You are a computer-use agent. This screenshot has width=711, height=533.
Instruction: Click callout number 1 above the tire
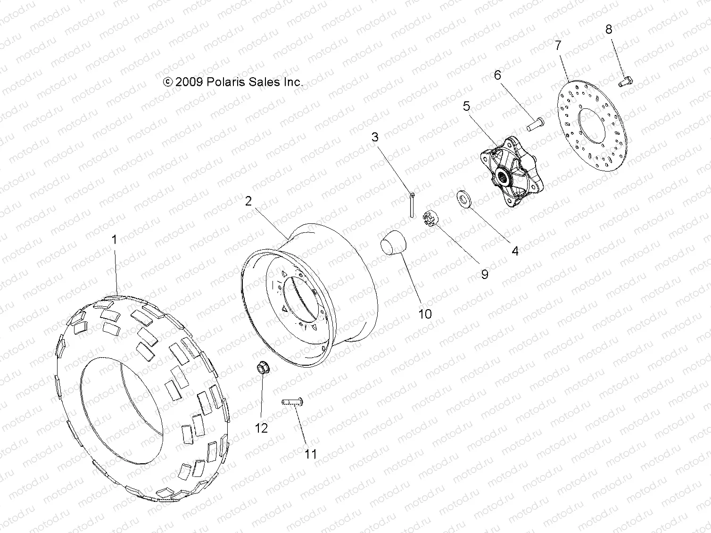[114, 240]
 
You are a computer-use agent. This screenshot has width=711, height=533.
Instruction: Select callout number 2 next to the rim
[248, 201]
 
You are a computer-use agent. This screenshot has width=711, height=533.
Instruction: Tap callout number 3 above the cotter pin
[375, 137]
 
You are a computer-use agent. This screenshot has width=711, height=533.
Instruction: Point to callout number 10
[425, 314]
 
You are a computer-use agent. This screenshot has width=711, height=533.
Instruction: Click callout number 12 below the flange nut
[261, 428]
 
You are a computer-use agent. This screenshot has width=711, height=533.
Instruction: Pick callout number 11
[310, 454]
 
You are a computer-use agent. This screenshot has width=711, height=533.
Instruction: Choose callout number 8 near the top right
[609, 29]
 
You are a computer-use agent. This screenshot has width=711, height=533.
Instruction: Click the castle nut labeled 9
[432, 219]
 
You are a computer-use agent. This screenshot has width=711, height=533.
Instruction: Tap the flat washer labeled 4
[464, 199]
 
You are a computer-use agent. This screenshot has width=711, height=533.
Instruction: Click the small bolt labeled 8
[625, 82]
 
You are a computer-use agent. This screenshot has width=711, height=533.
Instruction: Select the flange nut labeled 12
[263, 368]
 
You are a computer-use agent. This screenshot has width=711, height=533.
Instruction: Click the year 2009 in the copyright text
[190, 82]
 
